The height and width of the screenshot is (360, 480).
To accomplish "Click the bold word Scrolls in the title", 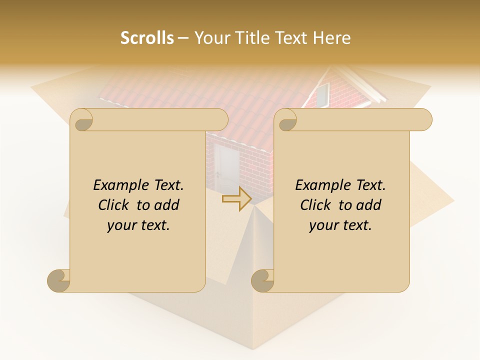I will (x=147, y=38).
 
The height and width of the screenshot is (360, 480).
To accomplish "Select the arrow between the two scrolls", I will (x=236, y=199).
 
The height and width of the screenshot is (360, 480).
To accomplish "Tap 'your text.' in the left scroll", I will (x=138, y=225).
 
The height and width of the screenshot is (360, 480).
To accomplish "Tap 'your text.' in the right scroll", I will (x=340, y=225).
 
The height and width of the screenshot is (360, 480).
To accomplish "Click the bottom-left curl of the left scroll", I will (x=58, y=280).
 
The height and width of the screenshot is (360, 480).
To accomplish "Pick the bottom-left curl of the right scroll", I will (x=262, y=280).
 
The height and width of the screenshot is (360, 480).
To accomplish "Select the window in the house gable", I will (x=322, y=95).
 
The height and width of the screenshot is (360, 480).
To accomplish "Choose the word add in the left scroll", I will (x=167, y=205).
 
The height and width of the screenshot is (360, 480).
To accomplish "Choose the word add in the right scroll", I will (x=369, y=205).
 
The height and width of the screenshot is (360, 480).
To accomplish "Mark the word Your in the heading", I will (x=210, y=38).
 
